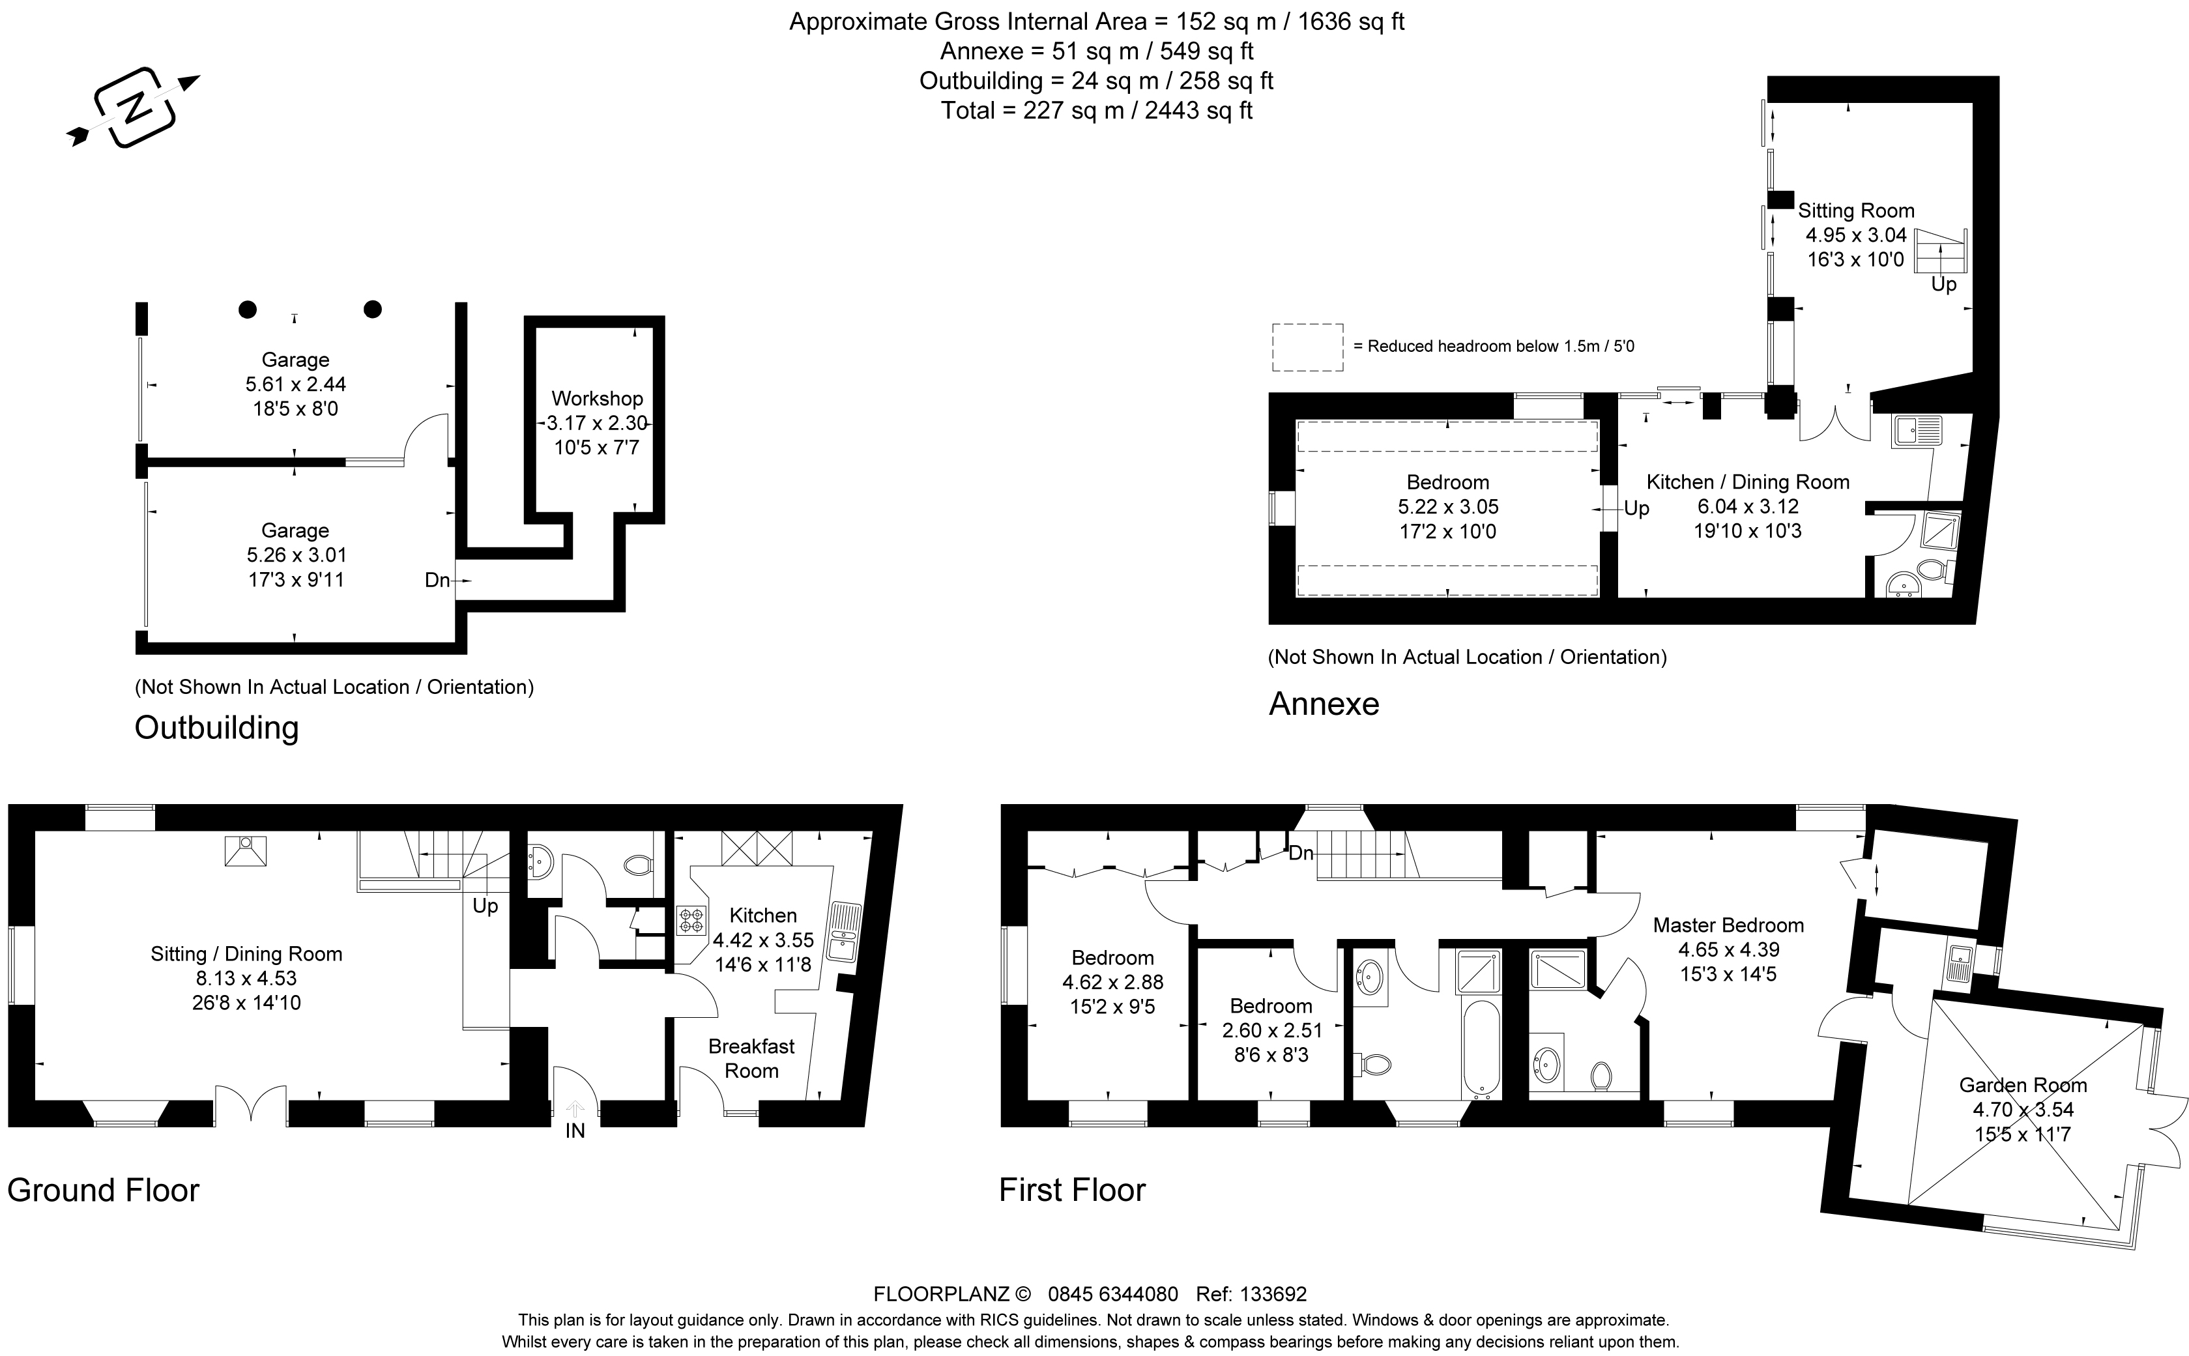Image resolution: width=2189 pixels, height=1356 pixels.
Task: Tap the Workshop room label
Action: (x=597, y=398)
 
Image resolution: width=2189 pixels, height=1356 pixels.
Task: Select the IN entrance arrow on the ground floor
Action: (x=575, y=1110)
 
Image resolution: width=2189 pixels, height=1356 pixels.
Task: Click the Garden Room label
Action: (x=2023, y=1085)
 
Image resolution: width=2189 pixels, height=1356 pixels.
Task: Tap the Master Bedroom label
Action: (x=1728, y=925)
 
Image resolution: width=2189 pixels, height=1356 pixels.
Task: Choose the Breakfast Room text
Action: (x=751, y=1058)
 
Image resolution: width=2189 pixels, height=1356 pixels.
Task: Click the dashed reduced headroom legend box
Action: (x=1307, y=347)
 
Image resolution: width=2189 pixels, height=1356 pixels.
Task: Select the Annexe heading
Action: (x=1324, y=704)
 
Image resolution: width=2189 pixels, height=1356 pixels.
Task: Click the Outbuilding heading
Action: (x=216, y=727)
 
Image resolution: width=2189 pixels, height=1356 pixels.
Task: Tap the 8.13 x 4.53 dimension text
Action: (x=246, y=979)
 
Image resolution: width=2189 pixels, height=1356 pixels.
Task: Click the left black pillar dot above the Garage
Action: (x=248, y=310)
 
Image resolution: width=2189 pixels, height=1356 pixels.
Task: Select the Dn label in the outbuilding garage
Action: (x=437, y=580)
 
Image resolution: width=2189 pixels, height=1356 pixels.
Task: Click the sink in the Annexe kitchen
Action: (x=1917, y=431)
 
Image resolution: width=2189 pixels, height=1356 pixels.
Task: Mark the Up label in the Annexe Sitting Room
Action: (x=1943, y=284)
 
